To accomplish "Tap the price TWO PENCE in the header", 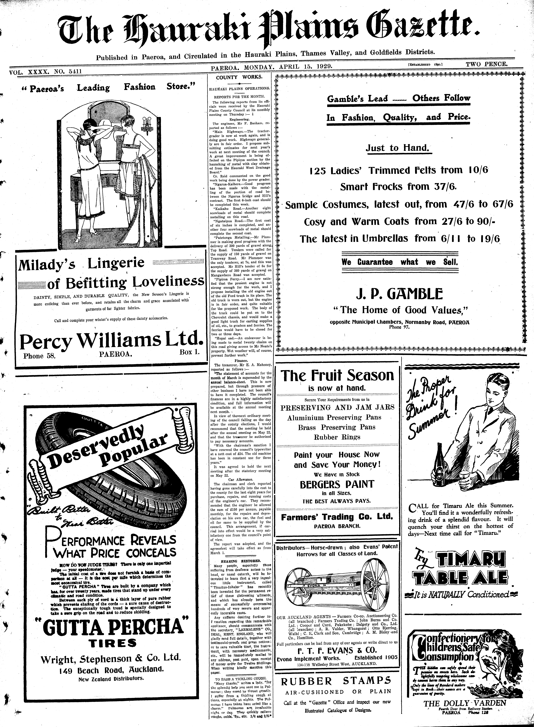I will (487, 64).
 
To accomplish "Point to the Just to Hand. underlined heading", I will (397, 148).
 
